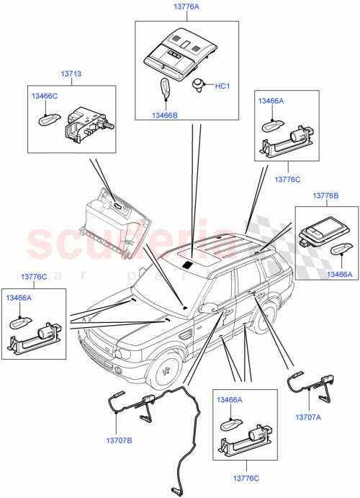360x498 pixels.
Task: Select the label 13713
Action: pyautogui.click(x=71, y=74)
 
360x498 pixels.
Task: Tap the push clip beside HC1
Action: pyautogui.click(x=198, y=86)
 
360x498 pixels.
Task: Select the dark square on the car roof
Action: pyautogui.click(x=188, y=265)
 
